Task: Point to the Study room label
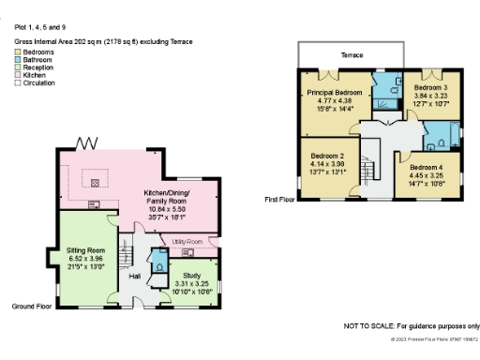195,276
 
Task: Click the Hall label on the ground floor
134,277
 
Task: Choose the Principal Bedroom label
335,93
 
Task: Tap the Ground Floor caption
31,307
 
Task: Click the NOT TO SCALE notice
412,324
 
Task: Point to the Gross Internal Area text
80,42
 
